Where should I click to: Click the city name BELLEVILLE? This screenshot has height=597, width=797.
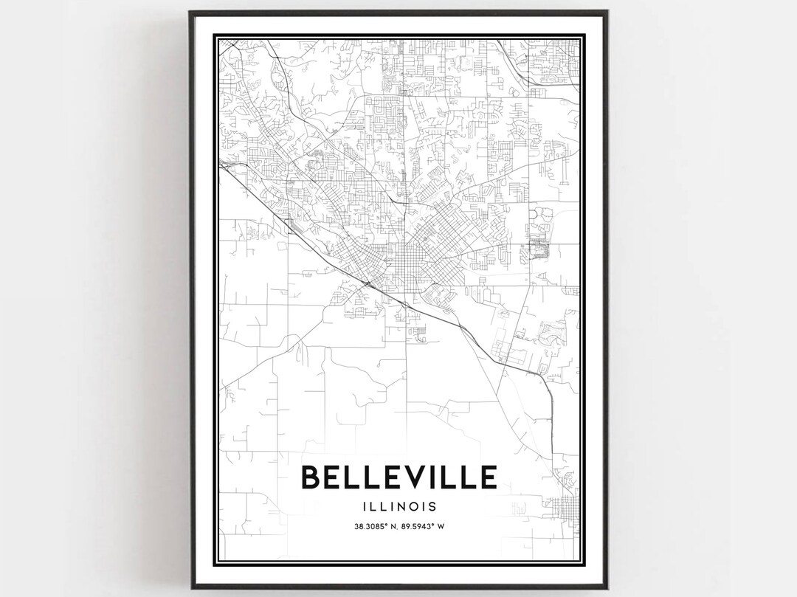398,477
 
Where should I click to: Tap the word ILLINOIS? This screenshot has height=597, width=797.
398,506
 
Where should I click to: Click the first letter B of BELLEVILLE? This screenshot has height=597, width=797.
311,477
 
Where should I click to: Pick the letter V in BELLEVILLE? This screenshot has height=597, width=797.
415,477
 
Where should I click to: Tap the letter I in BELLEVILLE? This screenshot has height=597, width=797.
435,477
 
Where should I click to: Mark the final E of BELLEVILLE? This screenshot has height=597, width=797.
488,477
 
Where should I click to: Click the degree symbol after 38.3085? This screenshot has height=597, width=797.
381,525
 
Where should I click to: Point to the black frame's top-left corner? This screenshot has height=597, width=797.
190,12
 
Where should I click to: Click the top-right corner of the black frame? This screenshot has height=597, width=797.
607,12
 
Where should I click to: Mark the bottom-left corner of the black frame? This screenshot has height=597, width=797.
190,588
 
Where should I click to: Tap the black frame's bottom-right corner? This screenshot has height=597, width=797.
607,588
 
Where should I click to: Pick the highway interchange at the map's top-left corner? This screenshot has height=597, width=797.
232,44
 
